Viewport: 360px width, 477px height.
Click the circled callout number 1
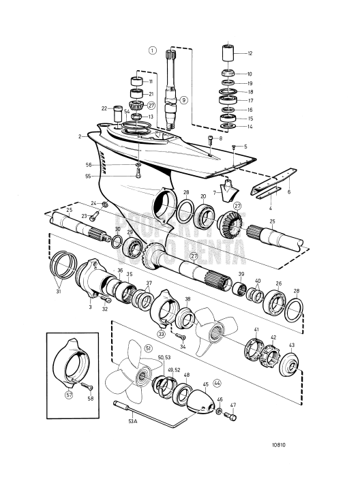tap(153, 50)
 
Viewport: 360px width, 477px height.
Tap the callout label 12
tap(250, 52)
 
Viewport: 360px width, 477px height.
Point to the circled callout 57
tap(67, 394)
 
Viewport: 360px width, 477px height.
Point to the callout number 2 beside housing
tap(79, 136)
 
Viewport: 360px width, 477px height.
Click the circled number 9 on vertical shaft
tap(183, 99)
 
